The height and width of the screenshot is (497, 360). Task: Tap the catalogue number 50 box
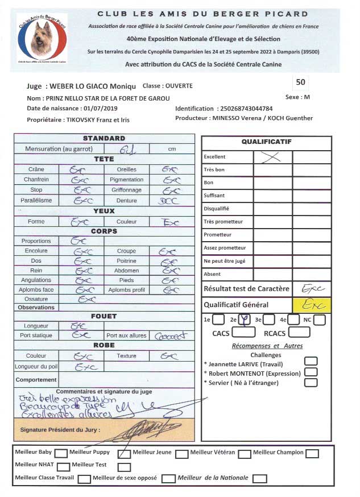(301, 82)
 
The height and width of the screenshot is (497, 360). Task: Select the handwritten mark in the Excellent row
(272, 157)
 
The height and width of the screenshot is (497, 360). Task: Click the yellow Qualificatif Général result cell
(312, 304)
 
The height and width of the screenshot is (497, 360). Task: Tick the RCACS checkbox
(299, 333)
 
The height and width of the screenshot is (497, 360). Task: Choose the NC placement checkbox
(320, 320)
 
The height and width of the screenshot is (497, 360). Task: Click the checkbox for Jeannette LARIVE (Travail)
(311, 362)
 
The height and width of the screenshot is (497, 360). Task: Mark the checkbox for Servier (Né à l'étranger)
(311, 382)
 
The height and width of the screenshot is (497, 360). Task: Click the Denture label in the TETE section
(126, 200)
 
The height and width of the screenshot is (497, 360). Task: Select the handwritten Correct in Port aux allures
(170, 336)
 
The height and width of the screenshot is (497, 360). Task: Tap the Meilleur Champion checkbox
(312, 454)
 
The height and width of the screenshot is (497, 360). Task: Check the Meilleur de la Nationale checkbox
(259, 479)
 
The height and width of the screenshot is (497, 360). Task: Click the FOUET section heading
(104, 316)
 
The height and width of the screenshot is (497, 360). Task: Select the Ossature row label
(36, 299)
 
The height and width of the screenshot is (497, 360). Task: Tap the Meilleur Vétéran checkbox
(245, 454)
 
